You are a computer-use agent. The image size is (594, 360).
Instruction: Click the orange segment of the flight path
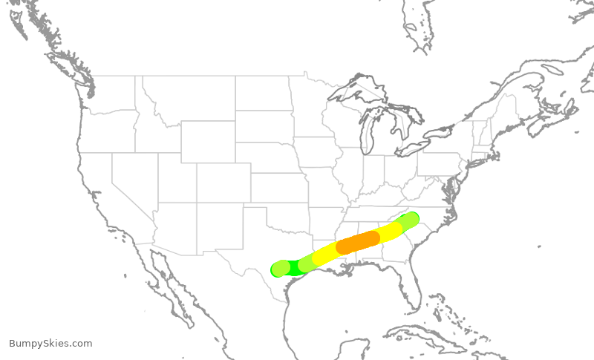pos(358,242)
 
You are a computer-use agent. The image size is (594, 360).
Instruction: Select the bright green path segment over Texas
pos(294,268)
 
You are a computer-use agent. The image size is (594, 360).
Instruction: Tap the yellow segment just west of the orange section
pos(325,255)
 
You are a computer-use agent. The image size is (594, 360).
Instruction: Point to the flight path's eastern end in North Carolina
pos(411,220)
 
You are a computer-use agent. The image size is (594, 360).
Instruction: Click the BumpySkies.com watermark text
pos(50,343)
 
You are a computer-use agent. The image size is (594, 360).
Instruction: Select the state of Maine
pos(505,111)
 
